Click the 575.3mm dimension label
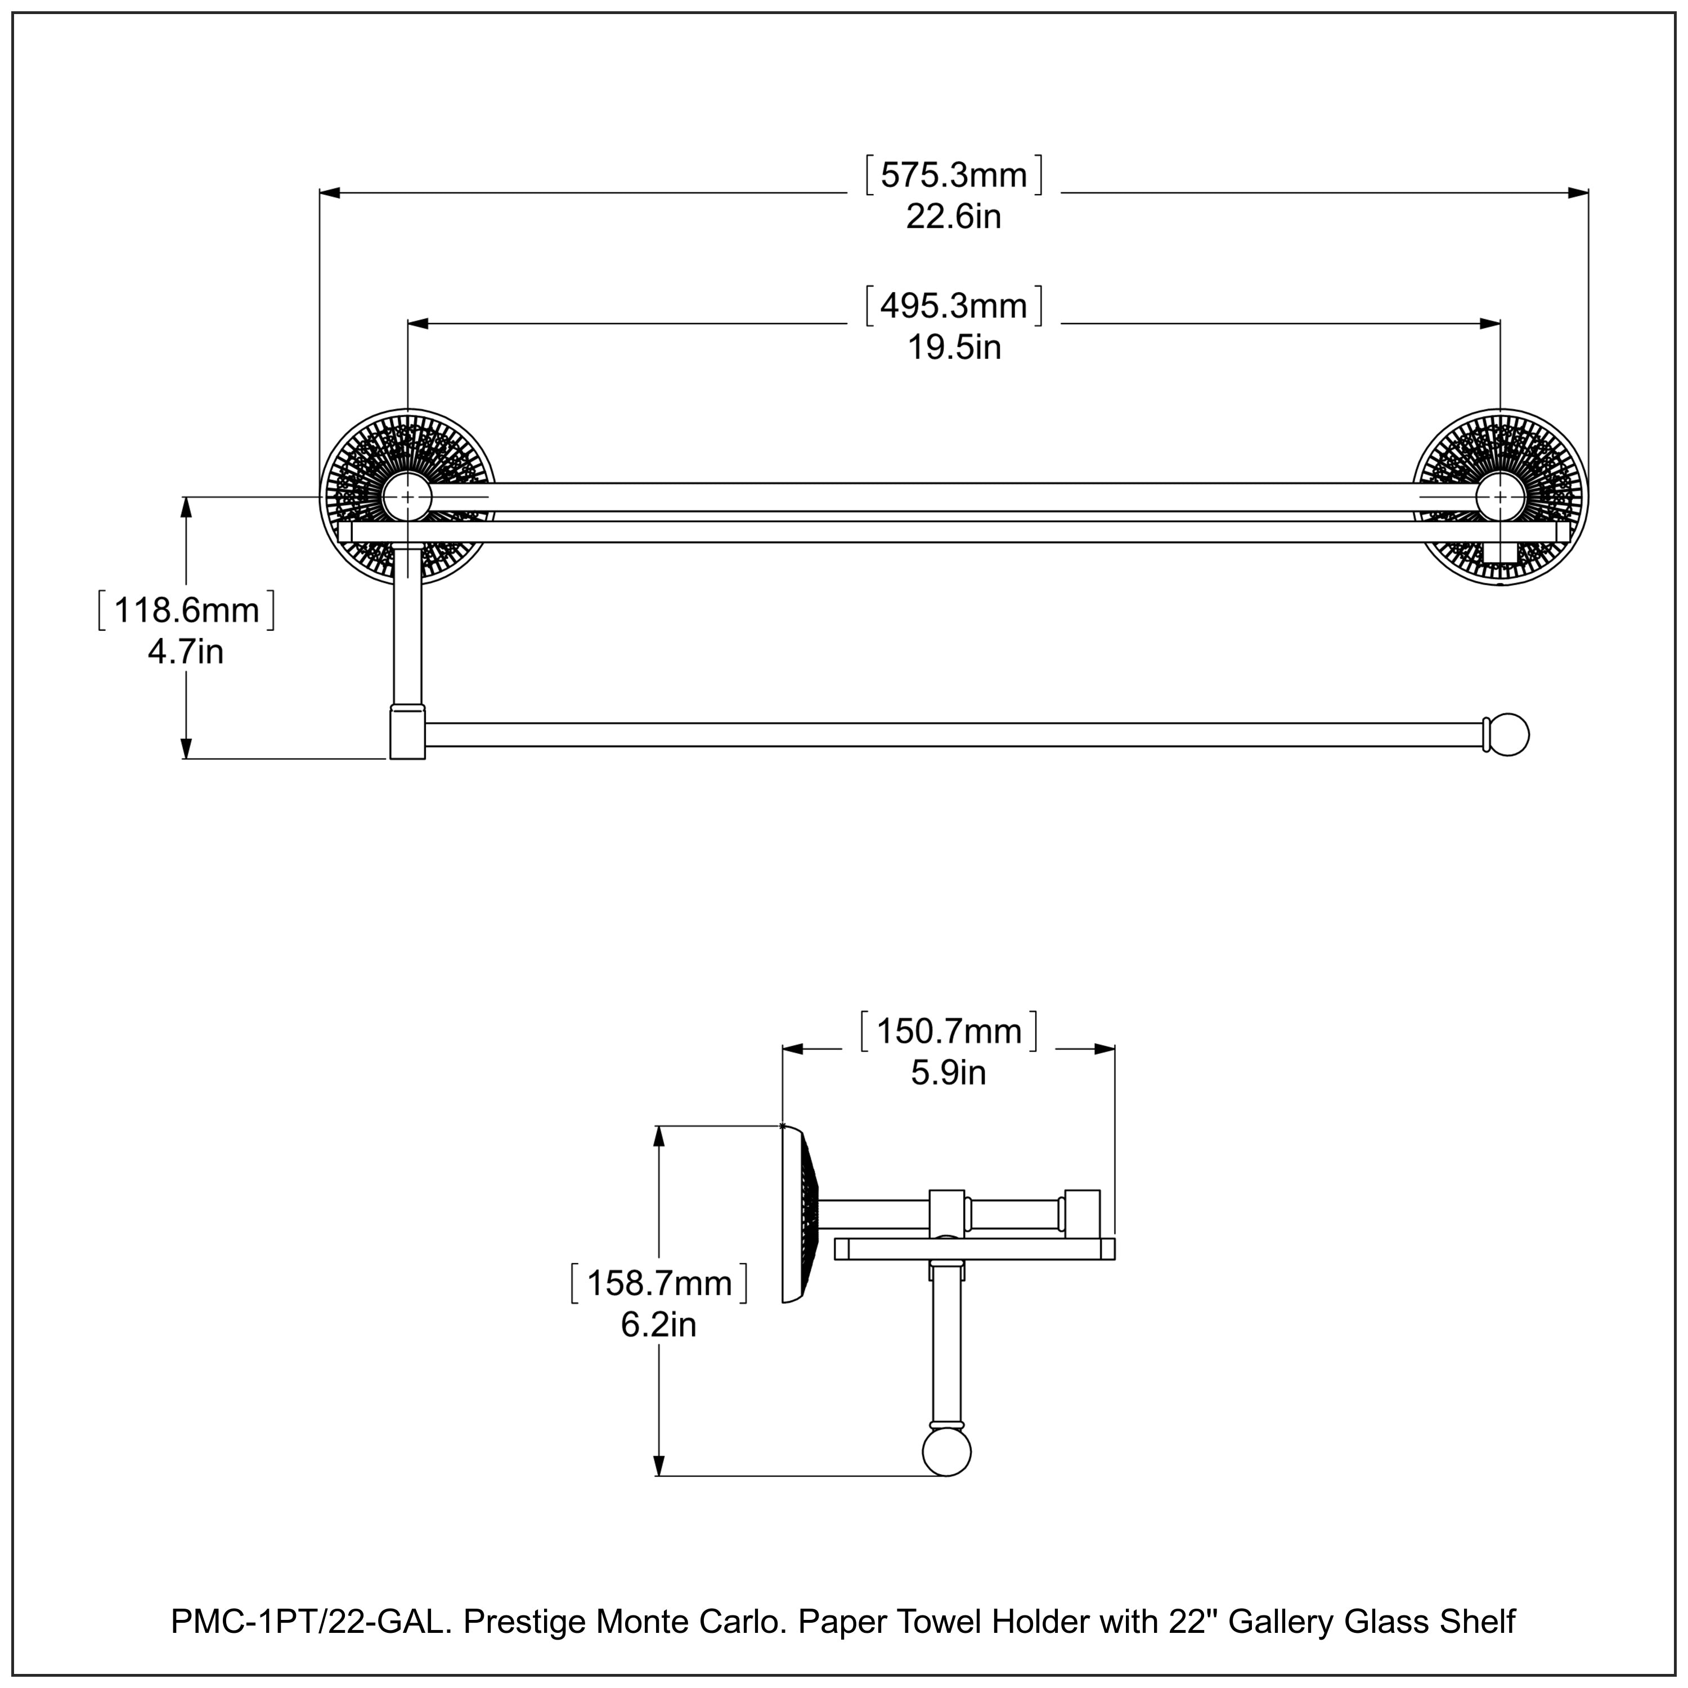(x=953, y=176)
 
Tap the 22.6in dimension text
(x=953, y=217)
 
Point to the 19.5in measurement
(x=953, y=348)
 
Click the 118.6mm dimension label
(x=186, y=610)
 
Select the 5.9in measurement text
(x=949, y=1073)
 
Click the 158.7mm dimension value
(x=659, y=1283)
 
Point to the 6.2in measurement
(x=659, y=1325)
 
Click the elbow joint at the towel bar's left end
(x=407, y=733)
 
